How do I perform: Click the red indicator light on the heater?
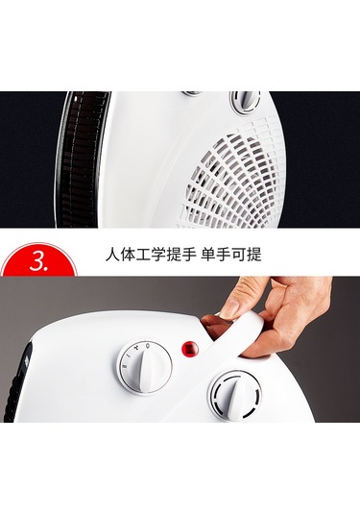(191, 348)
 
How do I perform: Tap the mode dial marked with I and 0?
(144, 367)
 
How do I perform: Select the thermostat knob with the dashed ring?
(235, 397)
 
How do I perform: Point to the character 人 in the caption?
(112, 255)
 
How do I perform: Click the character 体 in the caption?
(128, 255)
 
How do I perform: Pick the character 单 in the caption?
(208, 255)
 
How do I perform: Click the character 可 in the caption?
(239, 255)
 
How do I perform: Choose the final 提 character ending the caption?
(254, 255)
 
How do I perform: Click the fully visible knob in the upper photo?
(246, 102)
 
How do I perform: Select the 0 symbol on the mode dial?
(148, 345)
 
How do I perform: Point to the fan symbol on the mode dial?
(137, 346)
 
